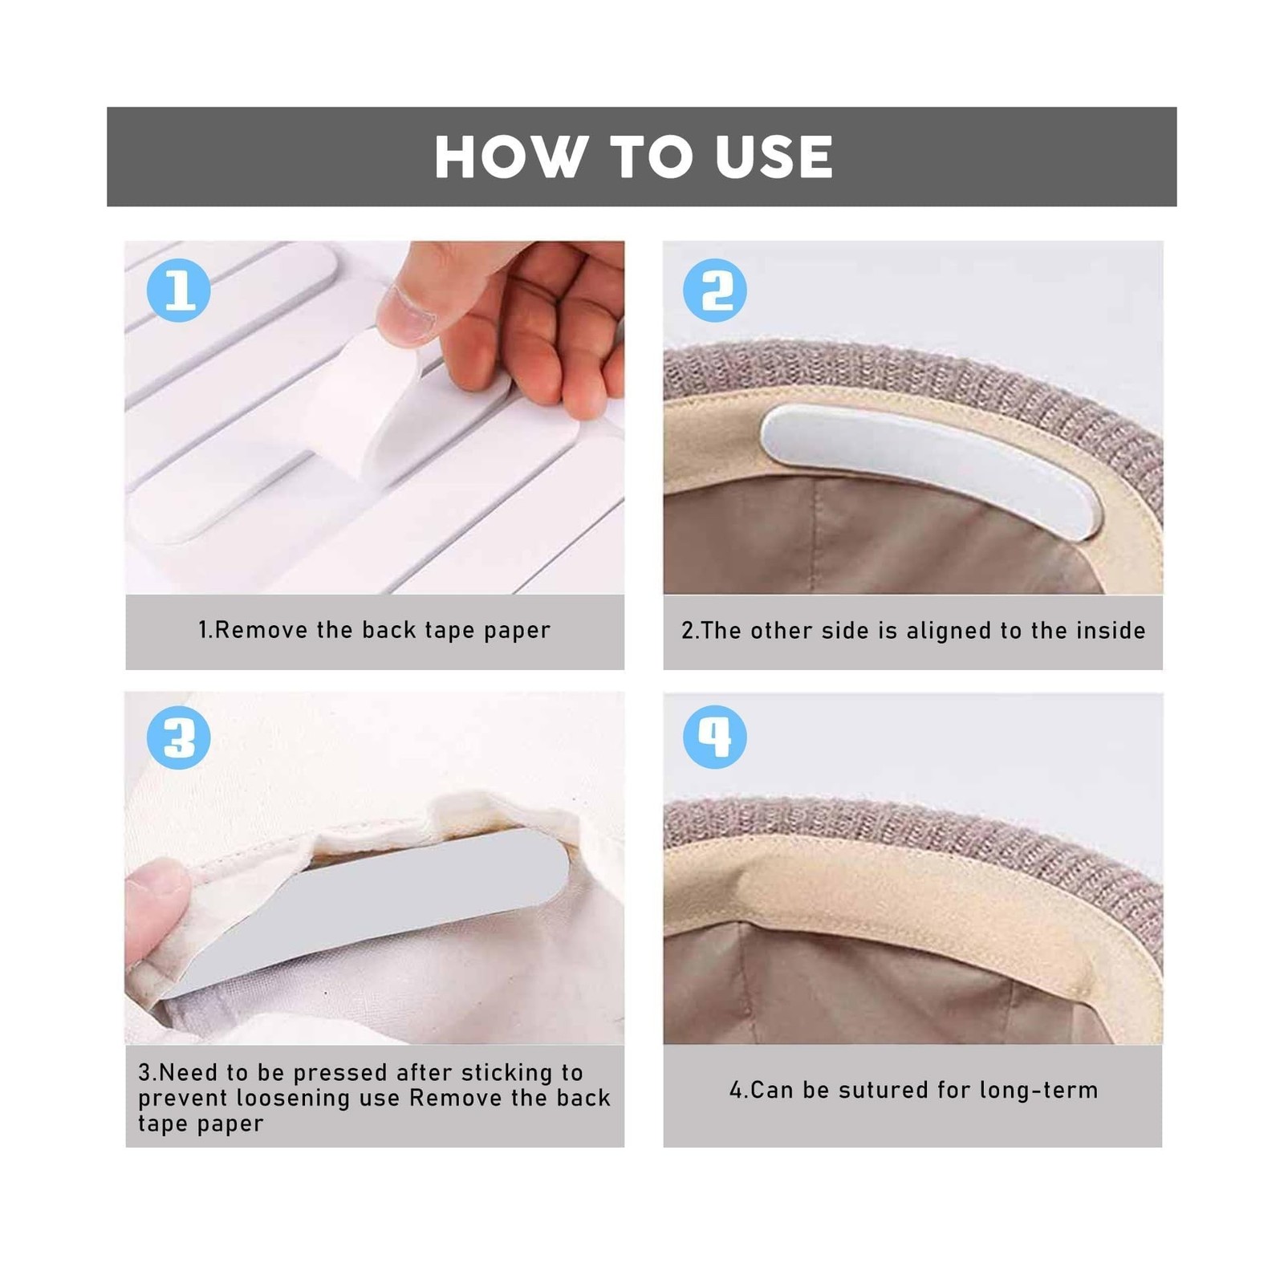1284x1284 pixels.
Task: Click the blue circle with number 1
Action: [x=179, y=290]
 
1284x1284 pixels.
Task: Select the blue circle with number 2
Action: [x=714, y=290]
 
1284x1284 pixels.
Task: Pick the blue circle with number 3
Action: [x=179, y=737]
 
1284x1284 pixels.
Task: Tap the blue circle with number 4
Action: [x=714, y=737]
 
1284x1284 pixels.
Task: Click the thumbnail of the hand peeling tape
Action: [x=375, y=417]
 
